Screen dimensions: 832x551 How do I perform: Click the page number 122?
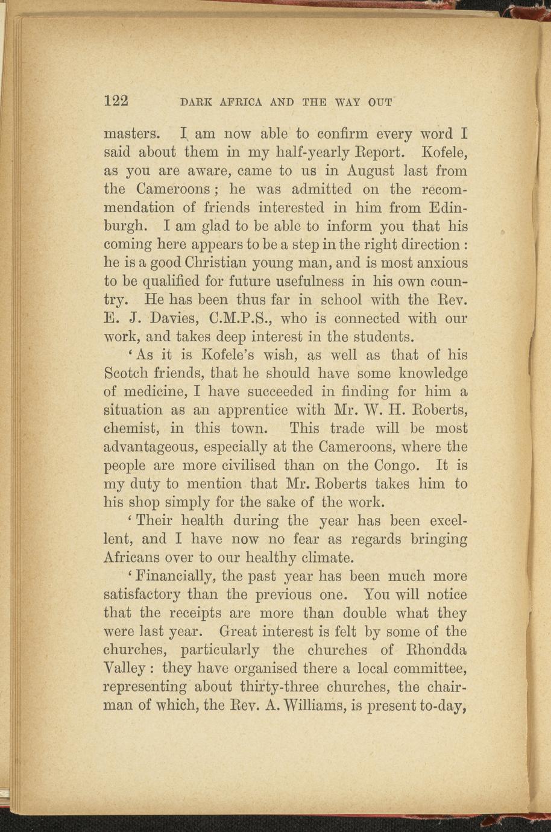[116, 101]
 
